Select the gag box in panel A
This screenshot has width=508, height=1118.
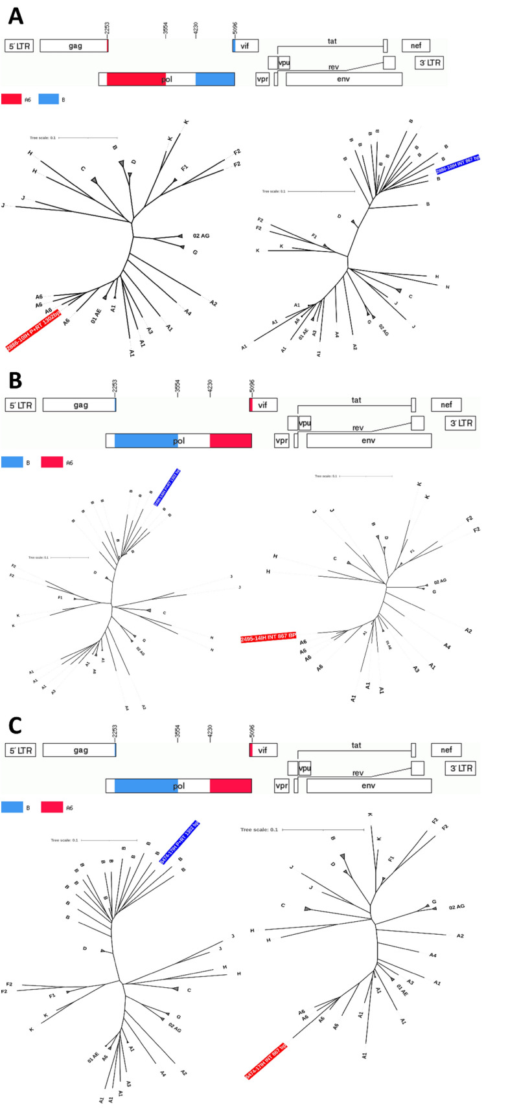74,46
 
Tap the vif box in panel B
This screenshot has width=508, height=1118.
262,405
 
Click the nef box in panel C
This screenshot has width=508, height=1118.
446,750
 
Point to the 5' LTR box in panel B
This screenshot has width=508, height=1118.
21,405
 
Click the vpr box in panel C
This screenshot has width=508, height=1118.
281,785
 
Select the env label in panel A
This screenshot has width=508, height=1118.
343,79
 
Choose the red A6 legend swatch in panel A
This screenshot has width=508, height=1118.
12,99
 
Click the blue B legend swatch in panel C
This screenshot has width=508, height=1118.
12,807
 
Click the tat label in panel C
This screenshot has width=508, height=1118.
356,745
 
